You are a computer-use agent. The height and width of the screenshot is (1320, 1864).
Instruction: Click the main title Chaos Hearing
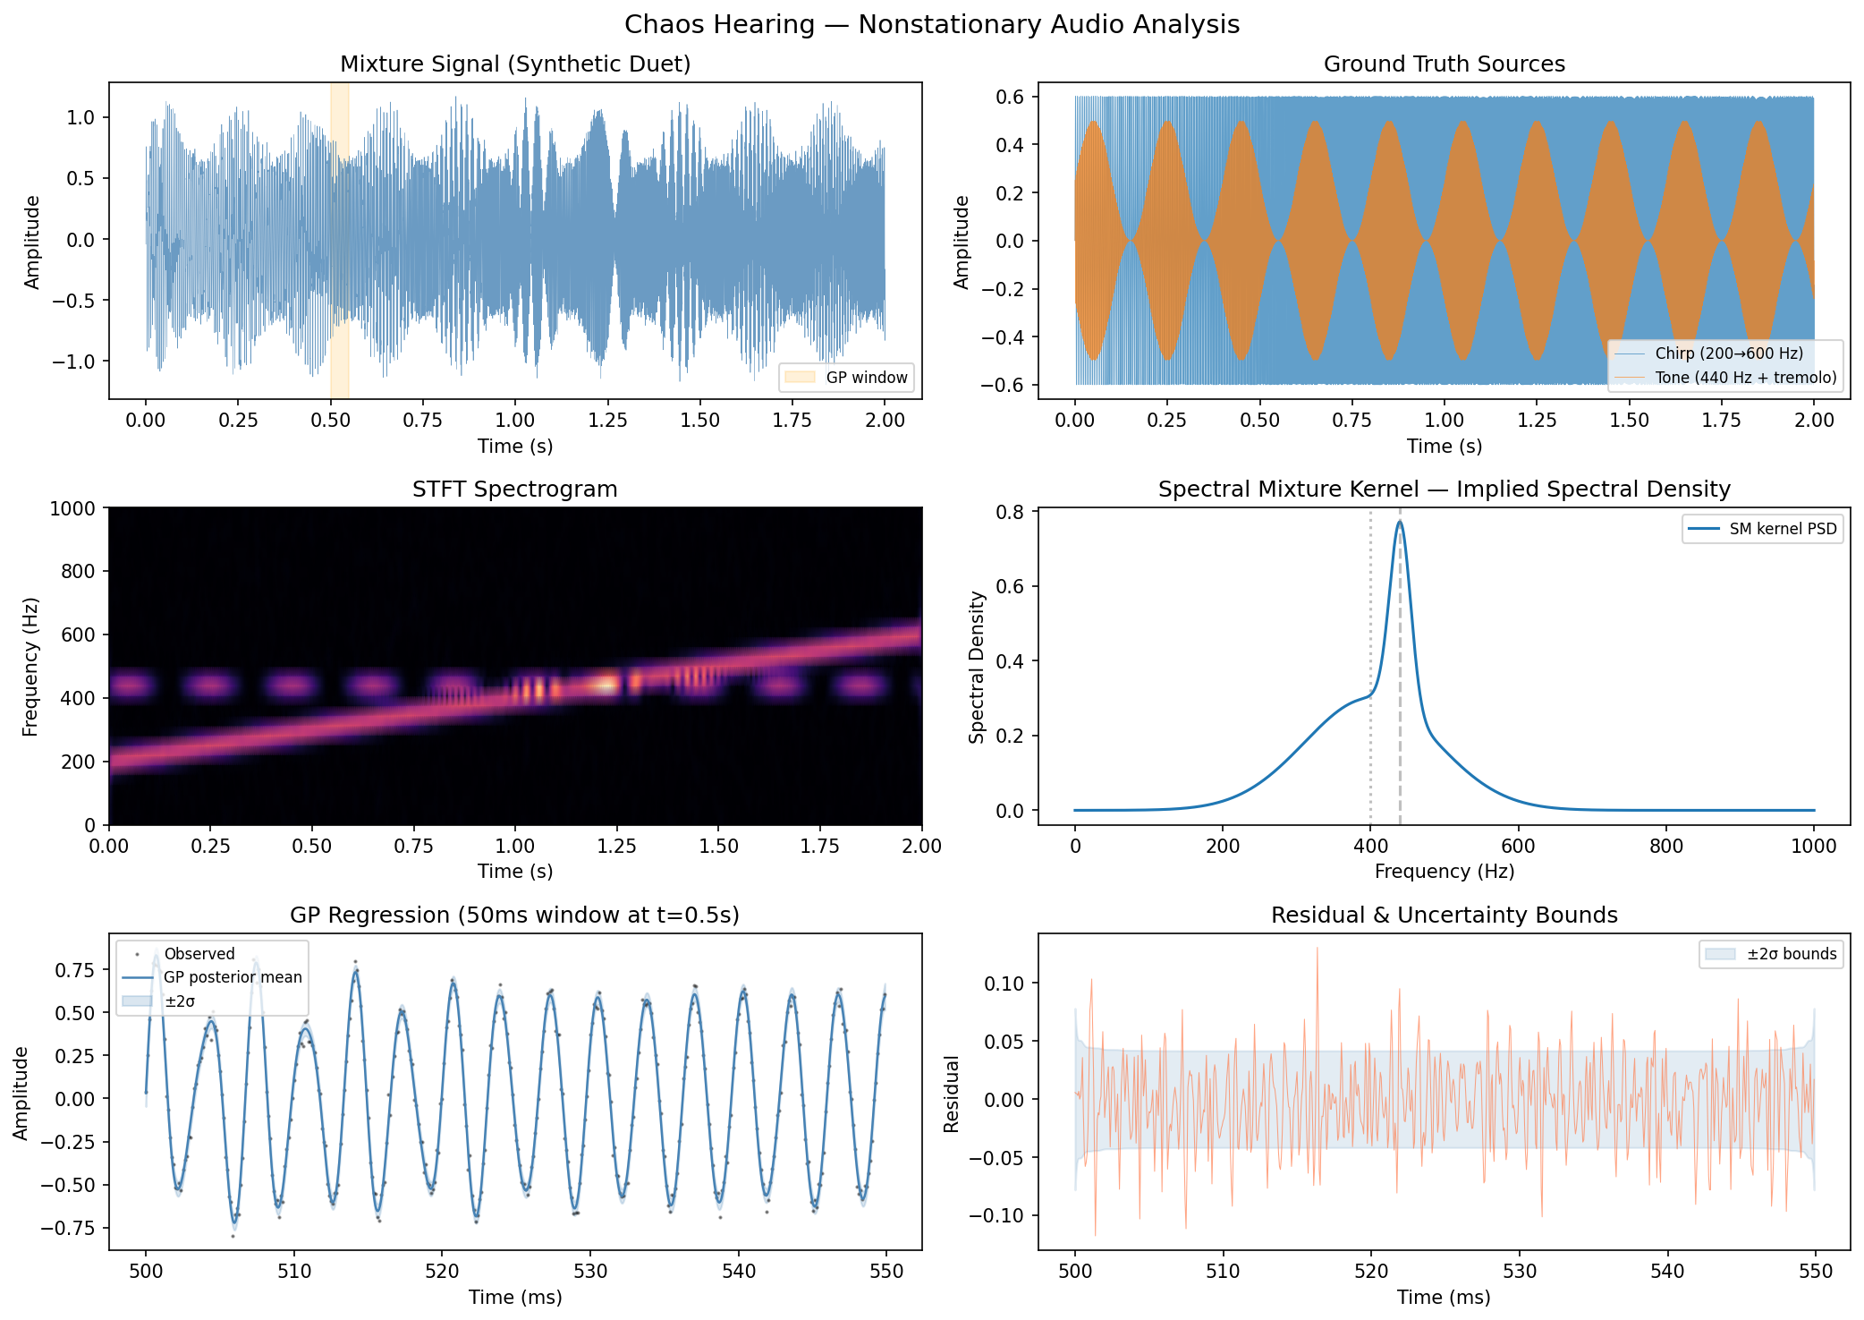tap(931, 24)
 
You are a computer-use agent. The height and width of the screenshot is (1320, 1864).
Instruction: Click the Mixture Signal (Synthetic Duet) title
tap(515, 64)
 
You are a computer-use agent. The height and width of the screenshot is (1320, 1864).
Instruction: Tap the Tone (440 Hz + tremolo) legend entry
tap(1745, 378)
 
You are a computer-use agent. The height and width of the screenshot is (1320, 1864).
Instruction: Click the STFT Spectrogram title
tap(514, 490)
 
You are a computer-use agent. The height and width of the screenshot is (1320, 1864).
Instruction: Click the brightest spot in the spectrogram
tap(607, 685)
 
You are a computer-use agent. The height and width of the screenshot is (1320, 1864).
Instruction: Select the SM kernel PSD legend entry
tap(1782, 529)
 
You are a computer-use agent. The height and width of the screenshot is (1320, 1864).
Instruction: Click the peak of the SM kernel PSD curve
tap(1400, 522)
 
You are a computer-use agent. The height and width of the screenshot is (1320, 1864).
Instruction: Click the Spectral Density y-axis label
tap(977, 667)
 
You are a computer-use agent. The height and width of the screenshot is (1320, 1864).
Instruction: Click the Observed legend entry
tap(199, 954)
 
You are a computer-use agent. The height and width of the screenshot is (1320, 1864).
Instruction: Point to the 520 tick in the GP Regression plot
tap(442, 1271)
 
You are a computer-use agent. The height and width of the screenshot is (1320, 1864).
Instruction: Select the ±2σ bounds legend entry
tap(1791, 954)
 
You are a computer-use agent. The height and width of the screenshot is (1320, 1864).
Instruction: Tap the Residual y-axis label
tap(952, 1094)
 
